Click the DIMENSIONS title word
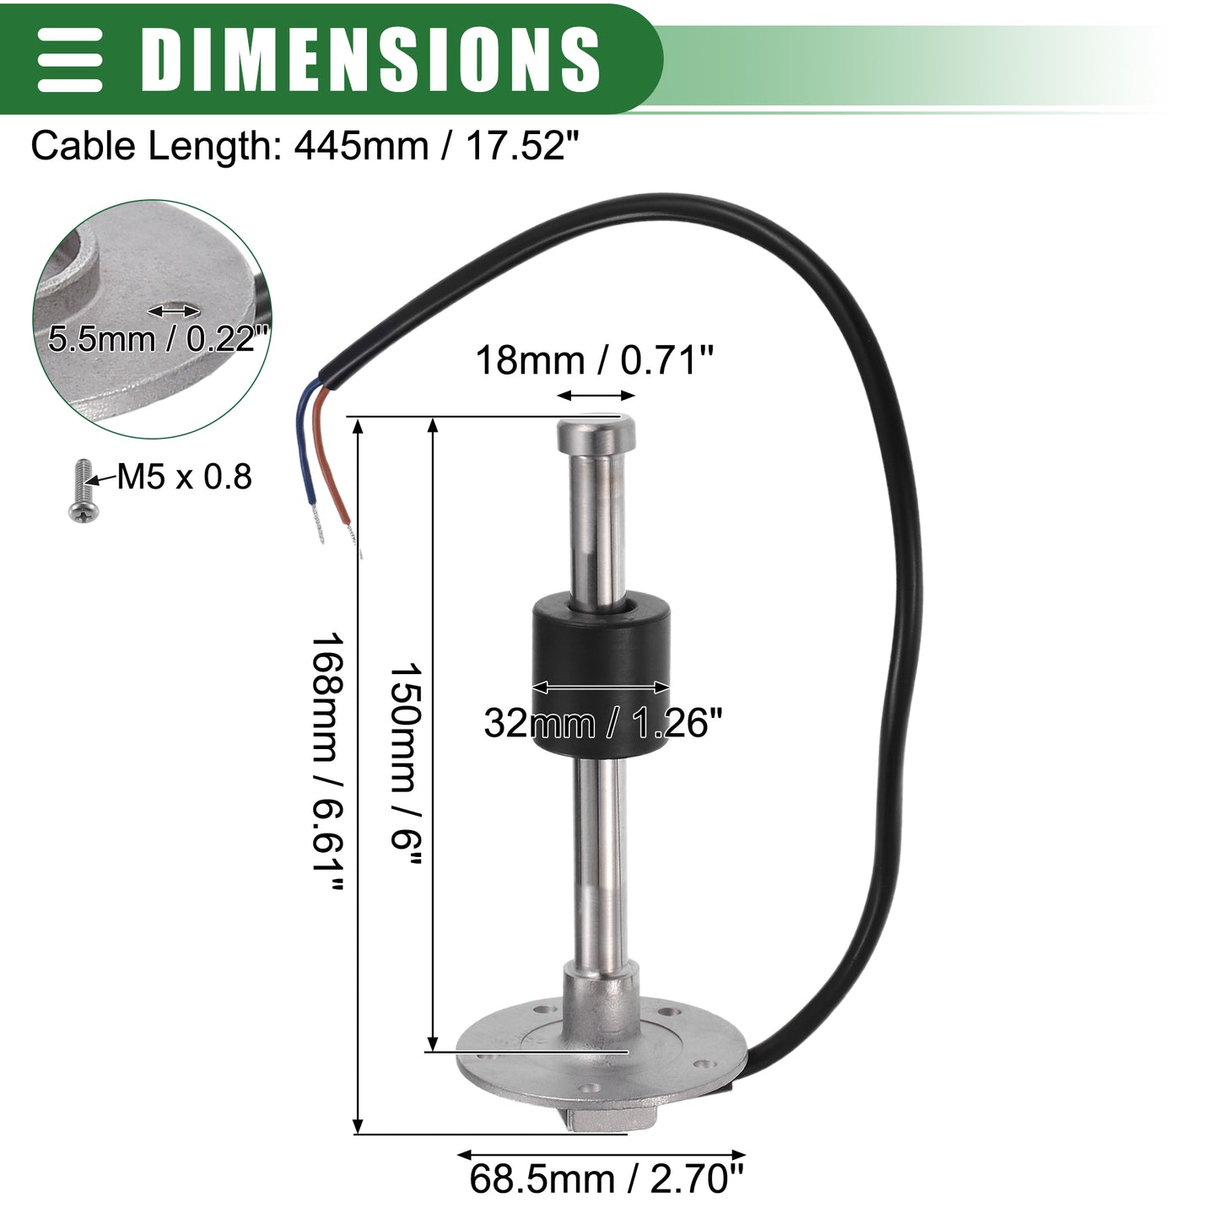[369, 60]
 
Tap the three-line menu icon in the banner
[70, 60]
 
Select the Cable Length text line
[305, 147]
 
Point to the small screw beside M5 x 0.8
[83, 492]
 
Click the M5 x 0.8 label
[184, 477]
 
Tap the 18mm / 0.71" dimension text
[594, 360]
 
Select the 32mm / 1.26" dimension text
[603, 722]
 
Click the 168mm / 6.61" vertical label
[328, 763]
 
